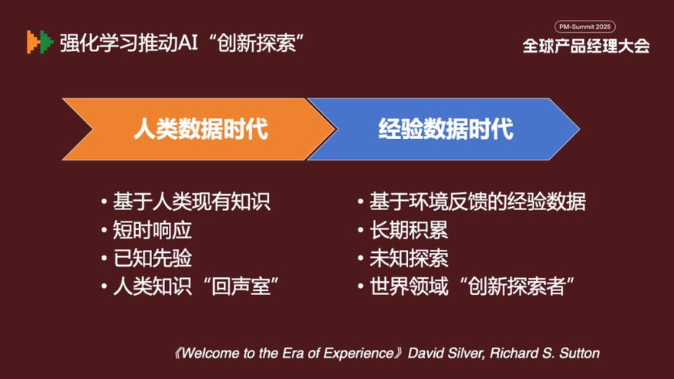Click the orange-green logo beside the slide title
[40, 42]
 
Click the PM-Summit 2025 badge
[585, 27]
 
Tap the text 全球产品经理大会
[586, 46]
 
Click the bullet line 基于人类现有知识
[186, 202]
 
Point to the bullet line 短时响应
[147, 230]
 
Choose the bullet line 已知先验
[147, 258]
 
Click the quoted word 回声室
[241, 287]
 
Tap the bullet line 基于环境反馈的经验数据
[471, 202]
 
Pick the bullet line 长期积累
[403, 230]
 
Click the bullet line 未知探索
[403, 258]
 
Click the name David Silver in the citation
[446, 353]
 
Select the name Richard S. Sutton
[545, 353]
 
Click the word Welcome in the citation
[210, 353]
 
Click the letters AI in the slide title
[188, 43]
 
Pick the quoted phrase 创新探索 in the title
[257, 43]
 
